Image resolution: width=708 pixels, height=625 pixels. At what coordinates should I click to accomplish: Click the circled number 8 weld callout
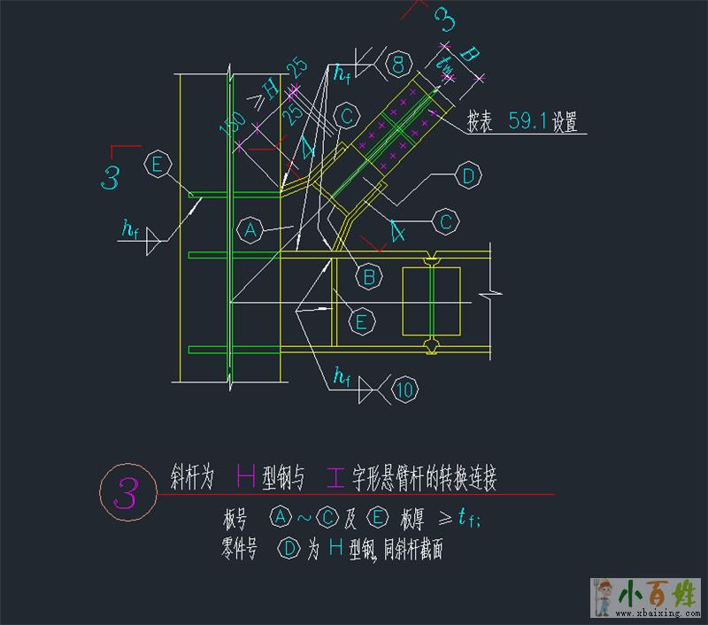[399, 63]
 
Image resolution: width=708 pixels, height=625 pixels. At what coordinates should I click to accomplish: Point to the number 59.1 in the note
[528, 123]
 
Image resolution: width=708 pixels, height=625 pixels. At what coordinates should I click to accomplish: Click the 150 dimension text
[232, 133]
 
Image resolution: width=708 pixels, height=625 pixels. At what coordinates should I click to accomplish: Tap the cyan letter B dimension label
[471, 55]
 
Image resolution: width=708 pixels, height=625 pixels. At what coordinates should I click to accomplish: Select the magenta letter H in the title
[246, 479]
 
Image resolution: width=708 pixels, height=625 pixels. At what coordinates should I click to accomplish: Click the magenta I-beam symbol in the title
[336, 479]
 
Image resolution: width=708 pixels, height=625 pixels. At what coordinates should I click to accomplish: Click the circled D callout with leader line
[468, 175]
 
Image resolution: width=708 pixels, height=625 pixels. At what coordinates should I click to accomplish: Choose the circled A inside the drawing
[250, 230]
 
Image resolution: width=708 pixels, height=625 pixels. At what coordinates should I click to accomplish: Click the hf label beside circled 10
[342, 379]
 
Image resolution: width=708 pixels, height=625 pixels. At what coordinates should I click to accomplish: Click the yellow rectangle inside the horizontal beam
[431, 301]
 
